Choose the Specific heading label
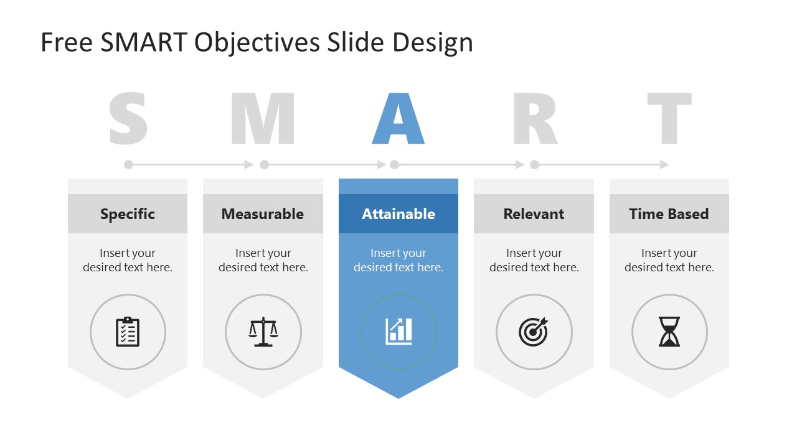[x=128, y=214]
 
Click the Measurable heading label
[x=263, y=214]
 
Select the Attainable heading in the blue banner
[x=398, y=214]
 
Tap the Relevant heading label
[x=534, y=214]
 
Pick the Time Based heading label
[x=669, y=214]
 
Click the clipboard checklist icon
[x=128, y=332]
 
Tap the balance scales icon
[x=263, y=332]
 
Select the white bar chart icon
[x=398, y=332]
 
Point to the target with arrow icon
[x=534, y=332]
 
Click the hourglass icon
[x=669, y=332]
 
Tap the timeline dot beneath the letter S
[x=128, y=165]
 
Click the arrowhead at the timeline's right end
[x=664, y=165]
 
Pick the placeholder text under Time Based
[x=669, y=260]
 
